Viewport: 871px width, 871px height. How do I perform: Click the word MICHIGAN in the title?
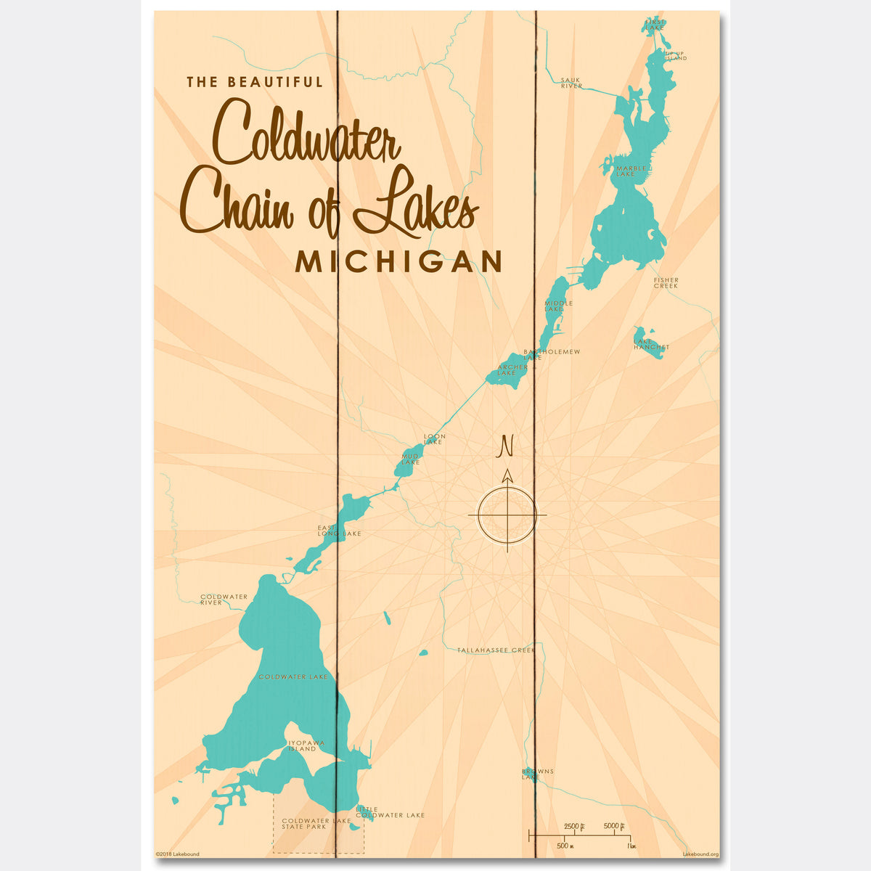398,262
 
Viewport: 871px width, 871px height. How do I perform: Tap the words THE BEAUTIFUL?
255,82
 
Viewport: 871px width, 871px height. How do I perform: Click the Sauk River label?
571,83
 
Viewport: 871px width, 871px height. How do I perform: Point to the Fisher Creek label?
666,283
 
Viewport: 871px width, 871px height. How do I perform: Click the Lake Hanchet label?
651,344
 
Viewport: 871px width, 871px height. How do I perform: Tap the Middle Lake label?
558,306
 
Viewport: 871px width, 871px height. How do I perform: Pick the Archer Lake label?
512,370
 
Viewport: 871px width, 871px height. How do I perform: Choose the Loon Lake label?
434,439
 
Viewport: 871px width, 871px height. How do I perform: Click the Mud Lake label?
411,459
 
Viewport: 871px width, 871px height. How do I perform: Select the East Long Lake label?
338,531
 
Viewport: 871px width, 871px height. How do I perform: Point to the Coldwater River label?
224,600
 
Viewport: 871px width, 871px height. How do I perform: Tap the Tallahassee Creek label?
496,650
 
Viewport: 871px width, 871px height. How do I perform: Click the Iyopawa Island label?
306,746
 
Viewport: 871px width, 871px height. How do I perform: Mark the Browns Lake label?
537,774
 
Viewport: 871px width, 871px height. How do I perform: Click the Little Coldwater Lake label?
390,812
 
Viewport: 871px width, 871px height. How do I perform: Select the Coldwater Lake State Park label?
316,824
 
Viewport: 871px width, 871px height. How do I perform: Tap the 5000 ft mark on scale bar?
614,826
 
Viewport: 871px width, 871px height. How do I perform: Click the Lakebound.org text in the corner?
700,854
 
